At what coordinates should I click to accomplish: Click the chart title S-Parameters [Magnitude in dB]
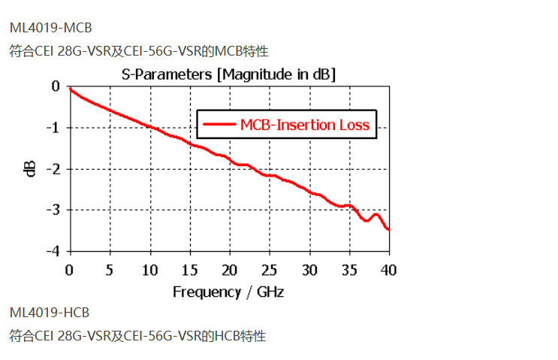228,74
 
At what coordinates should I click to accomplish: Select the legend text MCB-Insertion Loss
305,125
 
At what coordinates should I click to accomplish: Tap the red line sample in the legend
219,125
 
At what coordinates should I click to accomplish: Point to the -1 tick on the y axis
53,127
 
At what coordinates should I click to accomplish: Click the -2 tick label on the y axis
53,168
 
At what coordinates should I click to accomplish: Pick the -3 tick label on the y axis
53,209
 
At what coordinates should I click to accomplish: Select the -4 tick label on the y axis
53,250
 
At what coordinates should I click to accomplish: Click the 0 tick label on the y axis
56,86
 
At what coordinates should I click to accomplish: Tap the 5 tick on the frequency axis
110,269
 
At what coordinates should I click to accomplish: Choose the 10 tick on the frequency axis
149,269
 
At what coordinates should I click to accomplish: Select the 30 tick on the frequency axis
309,269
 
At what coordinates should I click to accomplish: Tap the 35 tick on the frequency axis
348,269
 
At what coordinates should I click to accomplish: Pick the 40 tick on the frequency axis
388,269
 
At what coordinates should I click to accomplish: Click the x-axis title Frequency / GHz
228,291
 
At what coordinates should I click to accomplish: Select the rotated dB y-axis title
31,168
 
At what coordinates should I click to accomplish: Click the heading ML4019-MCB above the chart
50,28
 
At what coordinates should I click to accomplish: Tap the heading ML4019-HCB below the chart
50,312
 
